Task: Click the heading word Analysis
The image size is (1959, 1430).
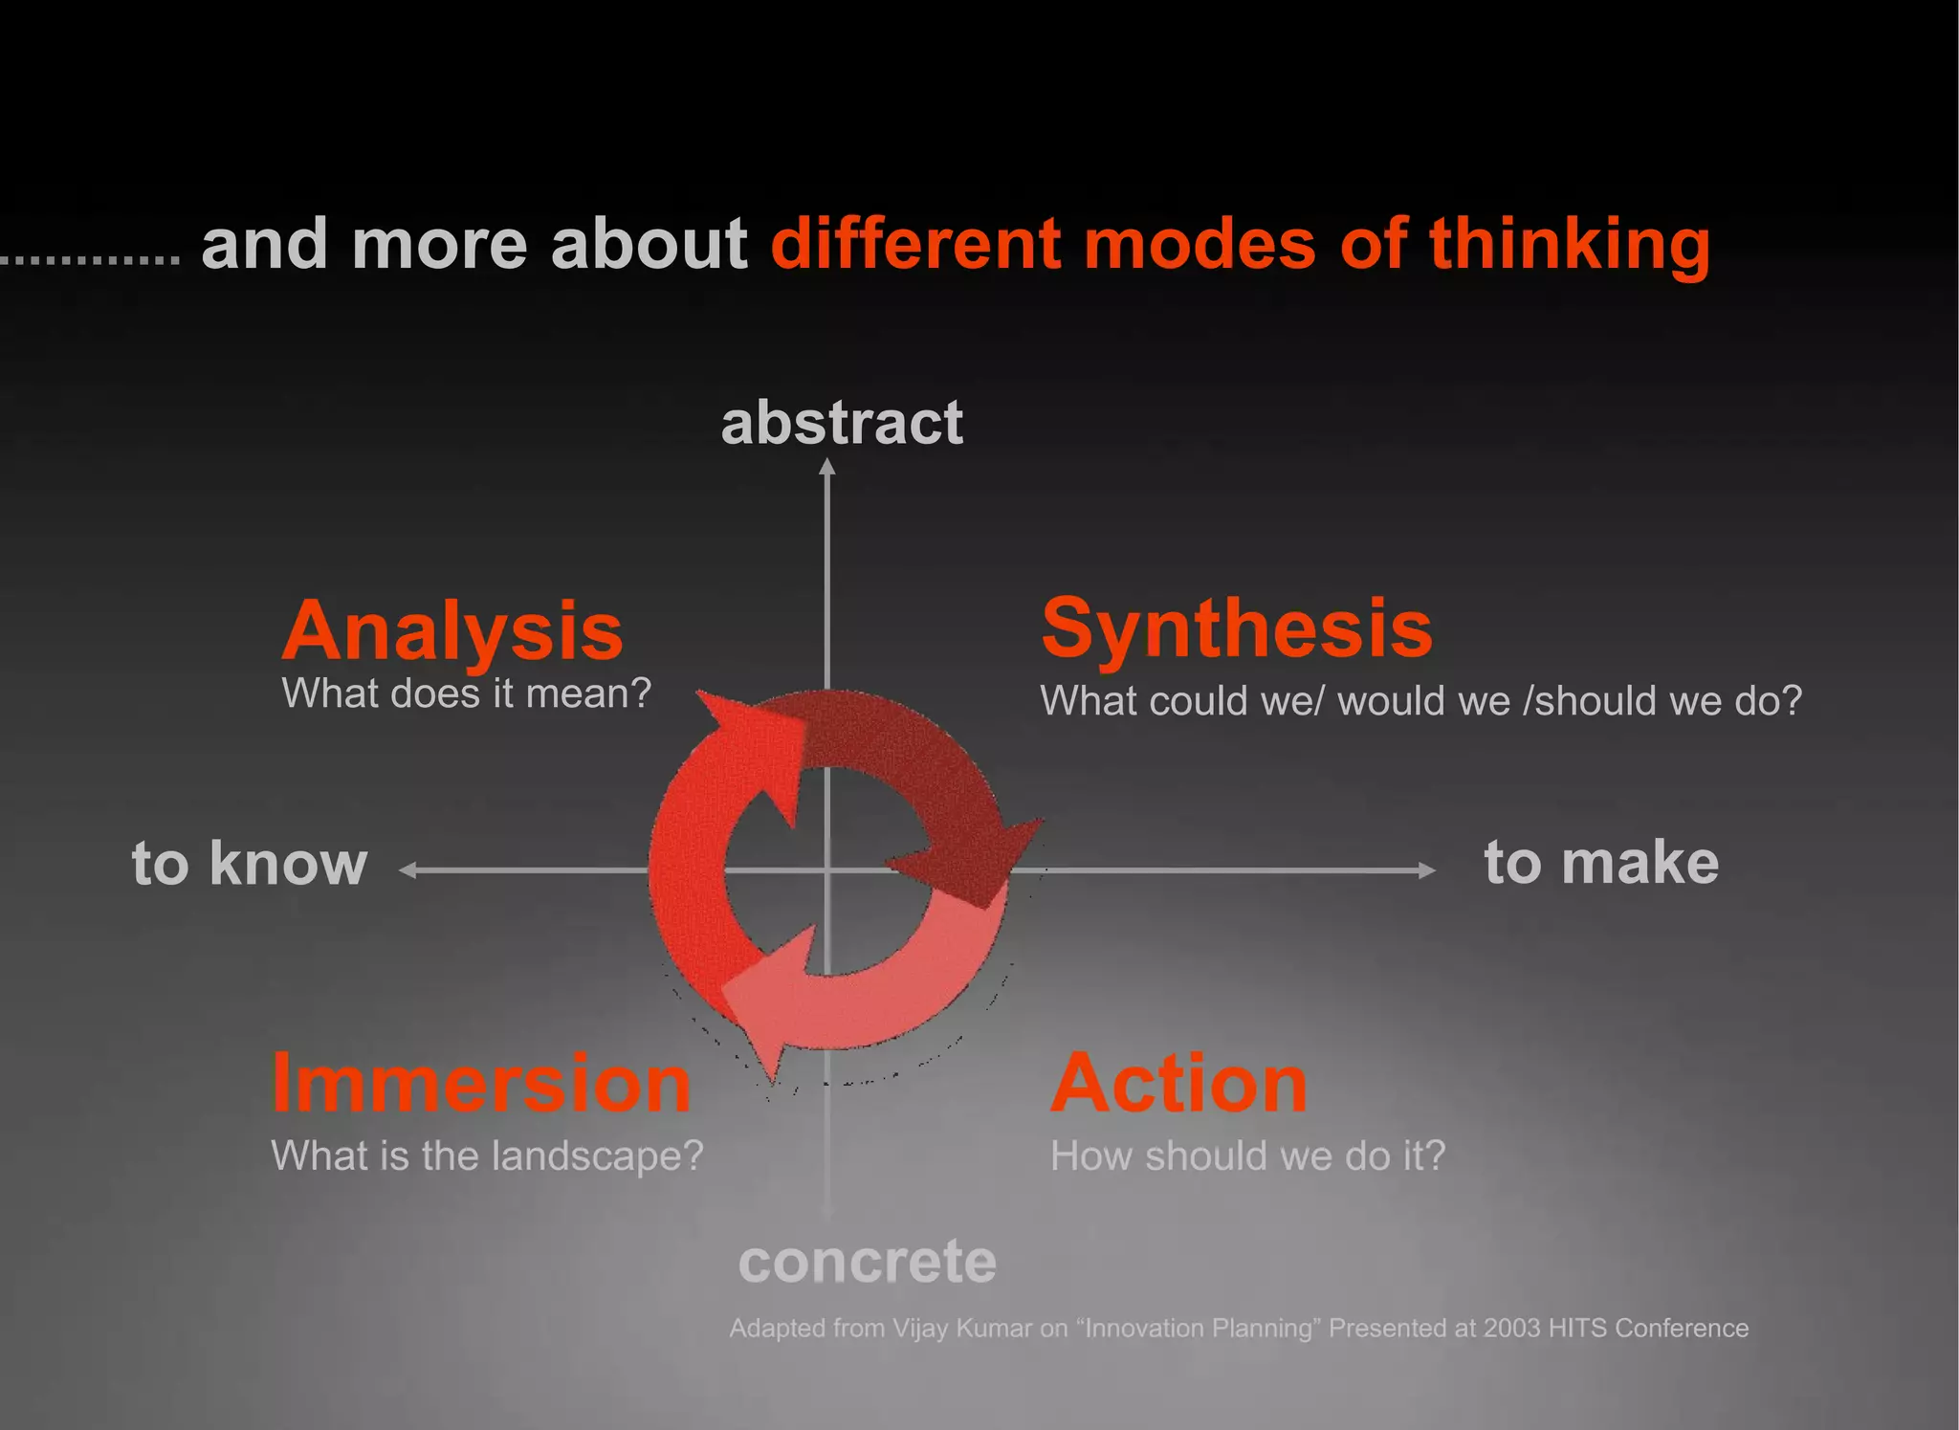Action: pyautogui.click(x=452, y=631)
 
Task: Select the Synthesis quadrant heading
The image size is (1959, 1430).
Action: pyautogui.click(x=1237, y=629)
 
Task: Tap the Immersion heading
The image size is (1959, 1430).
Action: pyautogui.click(x=481, y=1084)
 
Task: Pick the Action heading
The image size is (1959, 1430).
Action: pyautogui.click(x=1178, y=1084)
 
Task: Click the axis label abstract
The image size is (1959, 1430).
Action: pyautogui.click(x=842, y=423)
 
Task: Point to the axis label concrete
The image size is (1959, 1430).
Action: pyautogui.click(x=868, y=1262)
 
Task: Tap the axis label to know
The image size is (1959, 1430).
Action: pyautogui.click(x=250, y=864)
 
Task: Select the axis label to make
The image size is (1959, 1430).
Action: pyautogui.click(x=1601, y=863)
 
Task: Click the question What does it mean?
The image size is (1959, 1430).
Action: pyautogui.click(x=466, y=693)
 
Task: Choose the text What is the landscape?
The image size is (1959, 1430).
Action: pyautogui.click(x=487, y=1155)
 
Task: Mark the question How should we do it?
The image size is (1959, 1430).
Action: pyautogui.click(x=1247, y=1155)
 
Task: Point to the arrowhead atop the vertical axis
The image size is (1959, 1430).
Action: pyautogui.click(x=827, y=467)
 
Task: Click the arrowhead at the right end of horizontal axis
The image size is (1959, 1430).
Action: pyautogui.click(x=1427, y=869)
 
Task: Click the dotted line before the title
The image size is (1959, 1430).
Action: pyautogui.click(x=90, y=259)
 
